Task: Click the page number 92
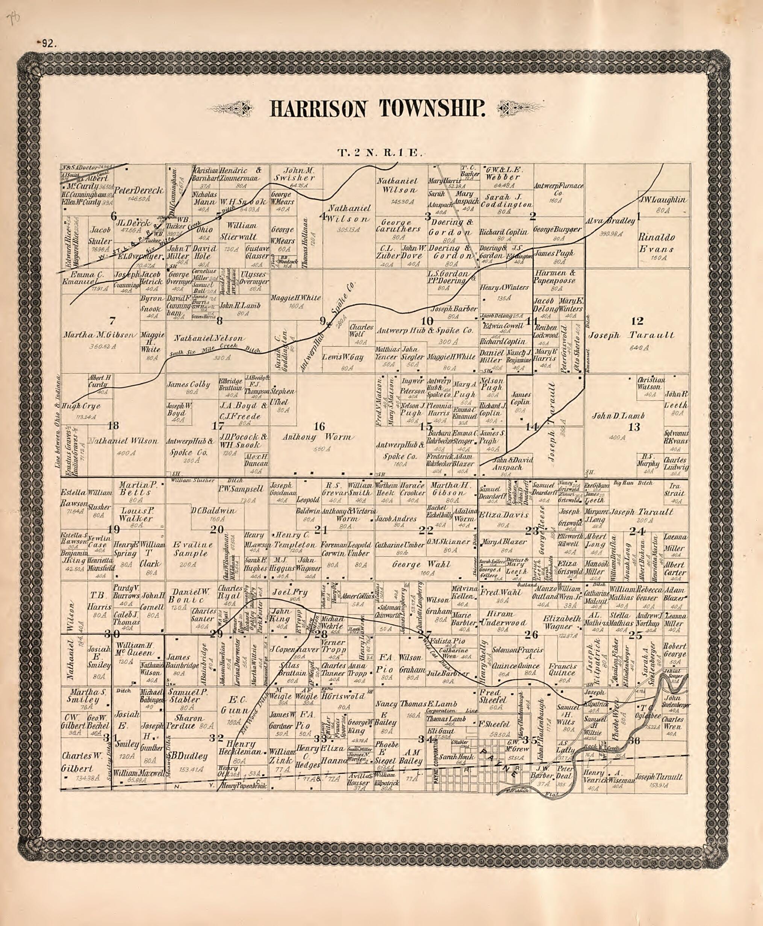pyautogui.click(x=46, y=43)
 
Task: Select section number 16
pyautogui.click(x=319, y=426)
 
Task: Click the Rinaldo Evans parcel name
pyautogui.click(x=656, y=243)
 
